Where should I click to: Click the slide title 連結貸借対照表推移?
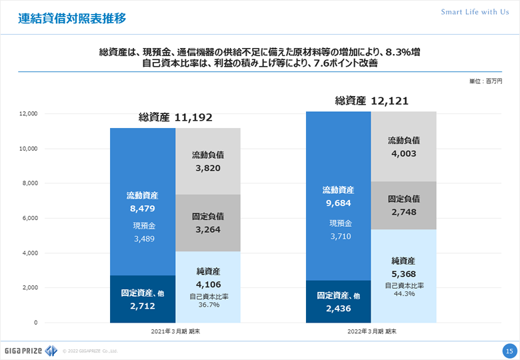[x=71, y=18]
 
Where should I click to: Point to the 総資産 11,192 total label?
[x=175, y=117]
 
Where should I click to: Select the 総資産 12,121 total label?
[x=371, y=101]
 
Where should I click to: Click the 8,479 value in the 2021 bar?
[x=142, y=209]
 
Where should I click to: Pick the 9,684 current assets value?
[x=338, y=203]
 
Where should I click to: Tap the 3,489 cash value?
[x=142, y=238]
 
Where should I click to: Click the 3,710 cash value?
[x=338, y=235]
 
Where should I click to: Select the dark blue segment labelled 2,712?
[x=143, y=299]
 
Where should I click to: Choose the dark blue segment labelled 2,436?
[x=338, y=301]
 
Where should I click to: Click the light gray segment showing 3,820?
[x=208, y=161]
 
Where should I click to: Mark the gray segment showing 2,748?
[x=403, y=205]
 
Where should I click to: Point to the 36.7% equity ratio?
[x=208, y=305]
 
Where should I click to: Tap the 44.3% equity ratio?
[x=404, y=293]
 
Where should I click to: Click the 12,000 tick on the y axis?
[x=28, y=114]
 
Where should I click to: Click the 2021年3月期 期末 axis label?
[x=175, y=331]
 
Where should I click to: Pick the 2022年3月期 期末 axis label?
[x=371, y=331]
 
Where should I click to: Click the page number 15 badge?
[x=508, y=350]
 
